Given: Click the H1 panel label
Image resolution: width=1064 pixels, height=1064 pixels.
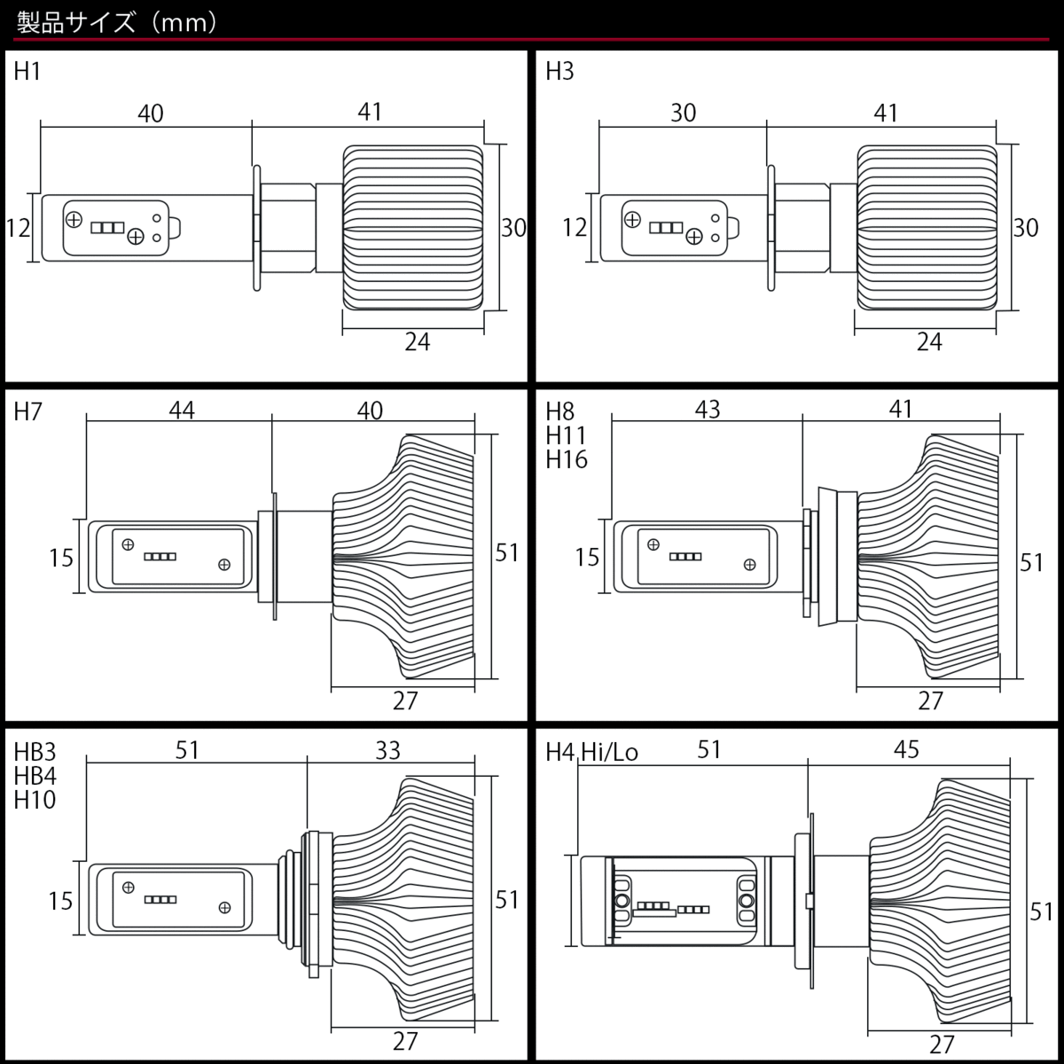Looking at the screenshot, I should (x=27, y=72).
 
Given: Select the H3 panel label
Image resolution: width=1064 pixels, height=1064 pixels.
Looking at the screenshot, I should (x=559, y=72).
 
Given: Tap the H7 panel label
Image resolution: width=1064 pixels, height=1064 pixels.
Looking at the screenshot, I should (x=27, y=412).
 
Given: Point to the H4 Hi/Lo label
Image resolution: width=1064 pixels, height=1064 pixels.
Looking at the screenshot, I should (x=591, y=753).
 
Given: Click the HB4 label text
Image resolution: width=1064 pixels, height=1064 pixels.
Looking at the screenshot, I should (x=35, y=776).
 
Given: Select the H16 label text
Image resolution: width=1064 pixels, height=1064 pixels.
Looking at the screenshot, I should (x=567, y=459).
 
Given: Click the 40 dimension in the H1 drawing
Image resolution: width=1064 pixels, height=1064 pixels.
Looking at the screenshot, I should (x=151, y=113).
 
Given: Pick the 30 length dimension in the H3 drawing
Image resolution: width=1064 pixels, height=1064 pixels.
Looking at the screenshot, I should (x=683, y=113).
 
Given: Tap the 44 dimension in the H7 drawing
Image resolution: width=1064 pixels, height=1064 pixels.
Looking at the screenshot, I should (x=181, y=410).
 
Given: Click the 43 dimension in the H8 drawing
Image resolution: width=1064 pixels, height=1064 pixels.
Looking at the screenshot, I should (x=707, y=410).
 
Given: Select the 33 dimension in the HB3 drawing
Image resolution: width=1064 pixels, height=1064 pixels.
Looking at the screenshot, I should (x=387, y=750).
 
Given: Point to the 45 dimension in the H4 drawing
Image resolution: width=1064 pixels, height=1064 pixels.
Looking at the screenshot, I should (x=906, y=750).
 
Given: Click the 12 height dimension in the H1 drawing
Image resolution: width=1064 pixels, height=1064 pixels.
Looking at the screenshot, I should (x=18, y=228).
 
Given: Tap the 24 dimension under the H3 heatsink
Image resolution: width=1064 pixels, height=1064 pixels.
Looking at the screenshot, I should (x=928, y=341).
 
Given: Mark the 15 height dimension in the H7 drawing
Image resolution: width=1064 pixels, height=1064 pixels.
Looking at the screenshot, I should (x=60, y=558).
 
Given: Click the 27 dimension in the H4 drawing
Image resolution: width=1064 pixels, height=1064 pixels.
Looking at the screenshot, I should (x=942, y=1044).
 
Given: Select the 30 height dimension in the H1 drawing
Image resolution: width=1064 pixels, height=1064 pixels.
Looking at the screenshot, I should (x=513, y=228).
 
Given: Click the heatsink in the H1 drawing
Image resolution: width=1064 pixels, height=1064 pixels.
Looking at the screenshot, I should (x=413, y=228).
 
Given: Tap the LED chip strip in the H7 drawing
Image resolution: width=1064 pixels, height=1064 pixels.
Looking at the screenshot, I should (x=160, y=557).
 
